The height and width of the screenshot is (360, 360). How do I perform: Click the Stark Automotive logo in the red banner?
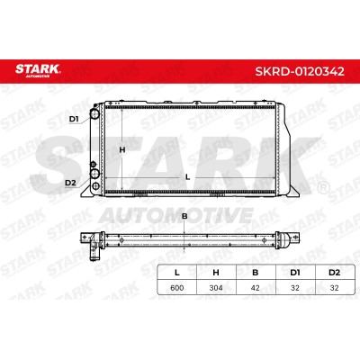[x=38, y=70]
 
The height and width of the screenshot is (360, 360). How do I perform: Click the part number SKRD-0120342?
[x=300, y=71]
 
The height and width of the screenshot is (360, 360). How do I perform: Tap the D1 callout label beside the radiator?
[x=74, y=119]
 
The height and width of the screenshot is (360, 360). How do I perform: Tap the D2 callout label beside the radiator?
[x=71, y=183]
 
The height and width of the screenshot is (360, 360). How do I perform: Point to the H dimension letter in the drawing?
[x=122, y=149]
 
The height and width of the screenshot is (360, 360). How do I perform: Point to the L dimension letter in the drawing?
[x=188, y=177]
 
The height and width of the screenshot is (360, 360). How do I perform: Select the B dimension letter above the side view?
[x=184, y=216]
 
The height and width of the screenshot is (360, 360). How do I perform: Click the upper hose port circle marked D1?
[x=95, y=114]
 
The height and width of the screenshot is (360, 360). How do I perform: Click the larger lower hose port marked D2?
[x=95, y=174]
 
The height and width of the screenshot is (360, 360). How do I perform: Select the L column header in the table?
[x=177, y=273]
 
